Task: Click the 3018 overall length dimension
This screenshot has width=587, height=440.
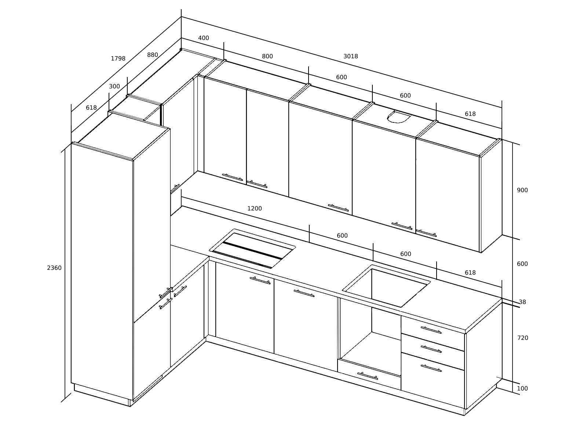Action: (x=350, y=56)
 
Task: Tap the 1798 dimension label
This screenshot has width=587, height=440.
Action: (x=118, y=59)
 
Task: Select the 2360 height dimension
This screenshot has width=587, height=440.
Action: (x=54, y=268)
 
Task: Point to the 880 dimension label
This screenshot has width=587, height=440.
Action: (x=152, y=55)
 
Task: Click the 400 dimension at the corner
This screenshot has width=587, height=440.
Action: (x=204, y=38)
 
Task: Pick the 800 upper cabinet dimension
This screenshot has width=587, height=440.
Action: (x=267, y=56)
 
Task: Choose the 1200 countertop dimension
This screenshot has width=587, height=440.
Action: (x=254, y=208)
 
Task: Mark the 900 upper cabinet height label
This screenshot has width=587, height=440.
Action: (x=522, y=190)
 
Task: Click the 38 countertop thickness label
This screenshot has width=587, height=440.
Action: (x=522, y=302)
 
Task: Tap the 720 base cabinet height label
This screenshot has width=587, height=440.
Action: (x=522, y=338)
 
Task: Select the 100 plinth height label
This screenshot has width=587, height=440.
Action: (x=522, y=388)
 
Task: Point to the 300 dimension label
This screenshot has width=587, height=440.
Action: (x=114, y=86)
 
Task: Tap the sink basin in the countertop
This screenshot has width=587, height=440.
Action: (x=386, y=286)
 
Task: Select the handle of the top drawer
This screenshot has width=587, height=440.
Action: (x=431, y=330)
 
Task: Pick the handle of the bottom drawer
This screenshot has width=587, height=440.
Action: (x=431, y=368)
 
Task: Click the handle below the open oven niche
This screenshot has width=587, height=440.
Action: (x=368, y=376)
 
